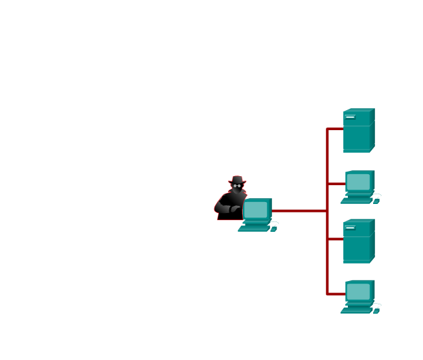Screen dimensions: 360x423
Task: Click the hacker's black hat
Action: coord(237,179)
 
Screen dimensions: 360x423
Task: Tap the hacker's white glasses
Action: coord(237,186)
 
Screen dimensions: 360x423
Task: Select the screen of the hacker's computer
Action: coord(256,210)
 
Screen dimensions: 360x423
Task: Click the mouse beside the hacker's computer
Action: coord(274,228)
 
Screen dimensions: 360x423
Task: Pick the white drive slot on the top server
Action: coord(350,117)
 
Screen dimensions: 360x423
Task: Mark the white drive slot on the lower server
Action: coord(350,228)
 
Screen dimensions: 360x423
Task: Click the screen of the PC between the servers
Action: coord(358,181)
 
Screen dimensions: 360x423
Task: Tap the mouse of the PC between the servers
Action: coord(376,200)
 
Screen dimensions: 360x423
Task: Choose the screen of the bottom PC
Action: coord(358,291)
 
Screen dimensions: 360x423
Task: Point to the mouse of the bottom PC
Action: coord(376,310)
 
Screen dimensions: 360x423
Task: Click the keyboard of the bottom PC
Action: coord(356,311)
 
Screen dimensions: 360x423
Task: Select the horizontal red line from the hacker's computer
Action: coord(298,210)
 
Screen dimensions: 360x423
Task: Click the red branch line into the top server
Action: coord(335,129)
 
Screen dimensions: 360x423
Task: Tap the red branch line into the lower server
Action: coord(335,239)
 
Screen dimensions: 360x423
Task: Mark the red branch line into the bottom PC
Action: coord(336,294)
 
